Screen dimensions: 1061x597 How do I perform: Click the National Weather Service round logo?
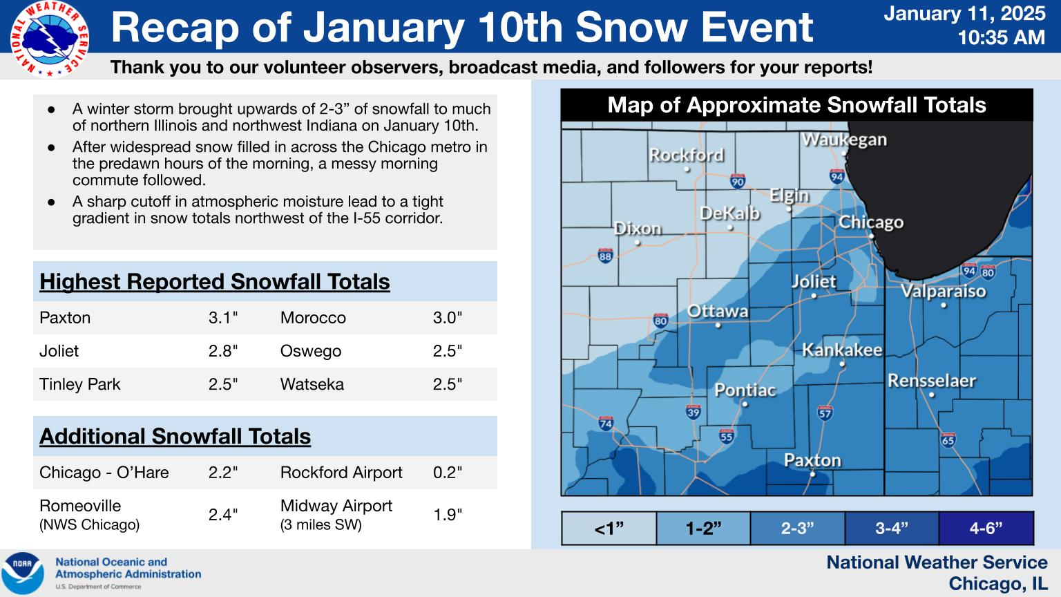coord(49,39)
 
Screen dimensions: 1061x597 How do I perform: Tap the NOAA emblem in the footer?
coord(23,574)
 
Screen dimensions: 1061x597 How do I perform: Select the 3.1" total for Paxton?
coord(222,317)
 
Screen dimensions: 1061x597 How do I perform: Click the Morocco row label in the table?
coord(313,317)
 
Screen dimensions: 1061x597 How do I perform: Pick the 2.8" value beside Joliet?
coord(222,351)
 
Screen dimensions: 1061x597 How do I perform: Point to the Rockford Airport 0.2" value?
coord(447,473)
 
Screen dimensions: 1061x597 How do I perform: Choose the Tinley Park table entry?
coord(79,384)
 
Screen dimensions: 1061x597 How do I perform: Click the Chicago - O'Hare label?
coord(104,473)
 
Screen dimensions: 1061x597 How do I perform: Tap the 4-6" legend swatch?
coord(986,528)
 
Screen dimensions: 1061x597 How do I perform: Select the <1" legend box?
coord(609,528)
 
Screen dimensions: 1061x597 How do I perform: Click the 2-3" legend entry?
coord(798,528)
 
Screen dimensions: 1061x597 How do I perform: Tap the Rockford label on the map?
coord(687,155)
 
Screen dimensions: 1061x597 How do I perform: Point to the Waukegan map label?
coord(844,140)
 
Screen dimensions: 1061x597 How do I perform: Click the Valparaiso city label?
coord(943,291)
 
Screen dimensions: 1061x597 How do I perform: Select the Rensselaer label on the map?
coord(932,381)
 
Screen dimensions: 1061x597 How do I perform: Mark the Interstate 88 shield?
coord(605,256)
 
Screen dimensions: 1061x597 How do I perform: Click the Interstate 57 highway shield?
coord(825,413)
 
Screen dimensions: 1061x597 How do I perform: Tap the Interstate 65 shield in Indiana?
coord(948,440)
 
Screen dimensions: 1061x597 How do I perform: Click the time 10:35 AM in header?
coord(1002,37)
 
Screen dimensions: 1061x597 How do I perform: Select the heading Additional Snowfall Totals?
coord(175,437)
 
